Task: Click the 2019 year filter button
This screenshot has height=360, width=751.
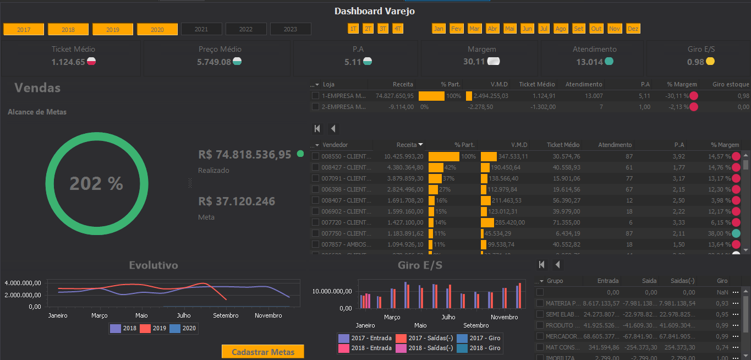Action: [113, 29]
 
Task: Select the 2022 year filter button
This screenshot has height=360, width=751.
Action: [246, 29]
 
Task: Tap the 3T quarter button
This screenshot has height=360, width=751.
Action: [382, 29]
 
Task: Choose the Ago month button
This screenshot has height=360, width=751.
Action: [560, 29]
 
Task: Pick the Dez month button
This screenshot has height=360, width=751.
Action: [633, 29]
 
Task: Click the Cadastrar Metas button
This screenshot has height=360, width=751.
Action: [263, 352]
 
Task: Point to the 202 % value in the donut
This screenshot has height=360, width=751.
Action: [96, 183]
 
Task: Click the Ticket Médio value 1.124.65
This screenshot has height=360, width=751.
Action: [68, 62]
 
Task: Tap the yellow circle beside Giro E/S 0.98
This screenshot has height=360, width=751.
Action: [710, 62]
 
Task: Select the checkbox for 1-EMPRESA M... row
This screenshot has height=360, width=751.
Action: [315, 96]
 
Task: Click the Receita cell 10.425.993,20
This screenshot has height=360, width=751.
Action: [404, 156]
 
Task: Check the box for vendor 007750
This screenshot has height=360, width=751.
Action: [315, 233]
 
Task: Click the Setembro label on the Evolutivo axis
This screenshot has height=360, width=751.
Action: [226, 315]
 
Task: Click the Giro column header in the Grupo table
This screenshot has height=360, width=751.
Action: [722, 281]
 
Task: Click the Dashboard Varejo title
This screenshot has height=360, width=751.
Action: [375, 11]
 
